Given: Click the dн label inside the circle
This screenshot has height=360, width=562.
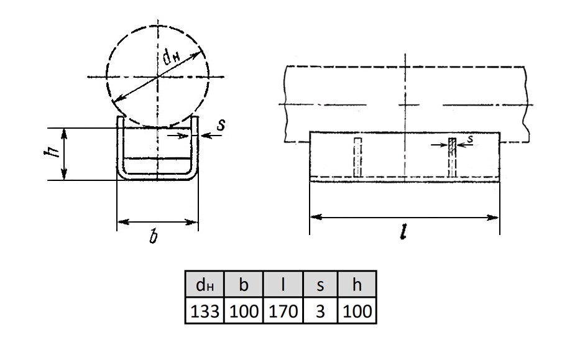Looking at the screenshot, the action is click(171, 58).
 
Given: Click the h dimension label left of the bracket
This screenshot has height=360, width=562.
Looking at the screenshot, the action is click(51, 152).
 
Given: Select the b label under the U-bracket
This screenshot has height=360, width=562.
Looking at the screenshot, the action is click(154, 236).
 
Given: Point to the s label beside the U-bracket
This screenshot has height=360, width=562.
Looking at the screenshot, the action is click(221, 125).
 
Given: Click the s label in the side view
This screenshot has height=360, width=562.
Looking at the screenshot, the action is click(470, 139).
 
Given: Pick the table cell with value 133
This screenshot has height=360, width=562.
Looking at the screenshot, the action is click(205, 310).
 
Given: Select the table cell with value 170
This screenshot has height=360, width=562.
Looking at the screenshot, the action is click(283, 310).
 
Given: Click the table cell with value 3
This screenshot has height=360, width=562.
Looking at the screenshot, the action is click(320, 310).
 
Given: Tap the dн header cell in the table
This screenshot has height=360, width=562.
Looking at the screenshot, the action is click(205, 284).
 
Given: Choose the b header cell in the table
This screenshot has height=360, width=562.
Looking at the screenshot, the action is click(244, 284).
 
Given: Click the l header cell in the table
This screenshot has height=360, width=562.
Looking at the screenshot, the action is click(283, 284).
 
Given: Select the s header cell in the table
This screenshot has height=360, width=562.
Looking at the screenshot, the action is click(320, 284).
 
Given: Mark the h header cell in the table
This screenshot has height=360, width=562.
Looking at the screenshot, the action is click(357, 284).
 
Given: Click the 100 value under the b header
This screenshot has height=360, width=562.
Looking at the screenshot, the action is click(244, 310).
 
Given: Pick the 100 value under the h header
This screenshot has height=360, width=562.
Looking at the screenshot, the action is click(357, 310).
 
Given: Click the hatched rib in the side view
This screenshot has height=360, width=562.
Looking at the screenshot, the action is click(453, 157).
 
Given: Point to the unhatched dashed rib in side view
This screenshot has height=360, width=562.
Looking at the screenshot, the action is click(357, 157).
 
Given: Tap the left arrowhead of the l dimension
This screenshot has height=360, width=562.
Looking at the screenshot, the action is click(315, 217).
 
